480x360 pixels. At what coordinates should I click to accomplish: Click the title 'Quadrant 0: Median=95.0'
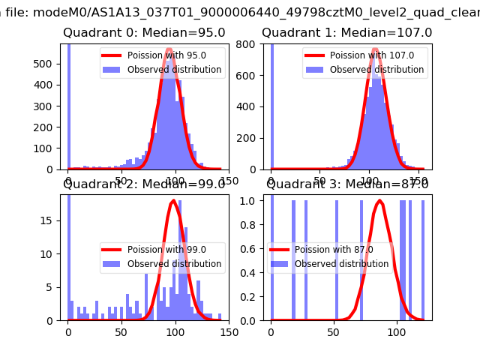(x=144, y=33)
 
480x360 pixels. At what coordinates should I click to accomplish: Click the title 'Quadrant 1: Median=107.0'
(x=346, y=33)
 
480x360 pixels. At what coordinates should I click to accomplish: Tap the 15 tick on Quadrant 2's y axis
(x=51, y=220)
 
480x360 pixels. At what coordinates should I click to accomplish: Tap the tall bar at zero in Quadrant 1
(x=271, y=105)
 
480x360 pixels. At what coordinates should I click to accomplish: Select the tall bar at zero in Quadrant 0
(x=69, y=105)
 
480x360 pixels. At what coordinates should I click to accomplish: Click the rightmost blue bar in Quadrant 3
(x=423, y=259)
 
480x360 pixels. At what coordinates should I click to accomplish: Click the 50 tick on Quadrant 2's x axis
(x=122, y=330)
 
